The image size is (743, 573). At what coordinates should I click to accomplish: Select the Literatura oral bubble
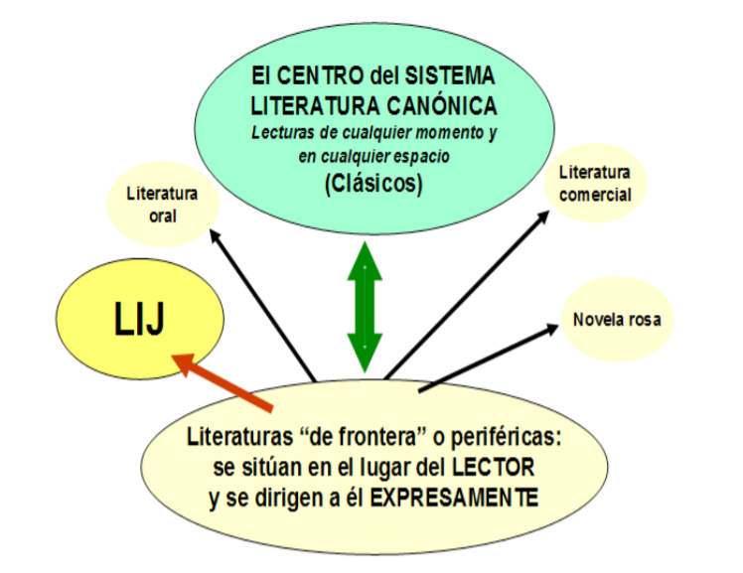tap(161, 205)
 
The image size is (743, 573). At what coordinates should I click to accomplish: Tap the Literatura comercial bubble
tap(595, 185)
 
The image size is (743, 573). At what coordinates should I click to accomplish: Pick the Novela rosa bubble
tap(617, 320)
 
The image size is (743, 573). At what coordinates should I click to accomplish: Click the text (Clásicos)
tap(371, 185)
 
